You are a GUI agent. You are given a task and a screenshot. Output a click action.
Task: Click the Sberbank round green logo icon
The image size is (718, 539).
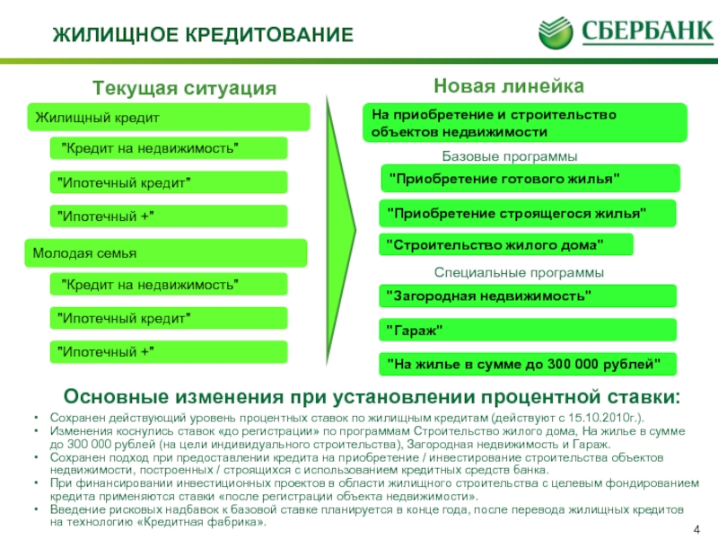coord(556,33)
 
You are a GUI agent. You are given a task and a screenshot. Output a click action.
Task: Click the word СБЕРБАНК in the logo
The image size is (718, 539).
coord(647,32)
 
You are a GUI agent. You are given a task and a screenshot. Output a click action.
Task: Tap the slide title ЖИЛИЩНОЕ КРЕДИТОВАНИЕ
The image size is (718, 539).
coord(203,35)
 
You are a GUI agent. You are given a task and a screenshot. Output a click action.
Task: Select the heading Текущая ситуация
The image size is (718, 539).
coord(185,87)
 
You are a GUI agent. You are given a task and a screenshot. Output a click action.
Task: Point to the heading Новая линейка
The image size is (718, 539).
coord(509,85)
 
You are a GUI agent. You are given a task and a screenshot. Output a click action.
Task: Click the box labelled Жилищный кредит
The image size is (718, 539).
coord(169,118)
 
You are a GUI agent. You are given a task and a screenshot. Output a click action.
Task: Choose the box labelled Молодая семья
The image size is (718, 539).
coord(166,253)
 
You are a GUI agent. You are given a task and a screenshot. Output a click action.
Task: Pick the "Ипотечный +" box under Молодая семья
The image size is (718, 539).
coord(169,352)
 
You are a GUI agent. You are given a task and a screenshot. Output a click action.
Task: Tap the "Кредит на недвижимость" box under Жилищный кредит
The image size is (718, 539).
coord(169,148)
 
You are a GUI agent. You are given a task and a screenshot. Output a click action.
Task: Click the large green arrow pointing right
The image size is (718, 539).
coord(340,230)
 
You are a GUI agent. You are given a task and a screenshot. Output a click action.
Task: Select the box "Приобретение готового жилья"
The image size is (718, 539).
coord(530,178)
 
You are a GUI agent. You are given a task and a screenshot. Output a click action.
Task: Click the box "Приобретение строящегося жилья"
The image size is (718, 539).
coord(528,213)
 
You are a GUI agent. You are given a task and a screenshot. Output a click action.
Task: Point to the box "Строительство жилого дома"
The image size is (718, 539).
coord(506,244)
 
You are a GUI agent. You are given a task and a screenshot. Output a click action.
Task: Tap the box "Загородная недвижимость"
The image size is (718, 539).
coord(528,296)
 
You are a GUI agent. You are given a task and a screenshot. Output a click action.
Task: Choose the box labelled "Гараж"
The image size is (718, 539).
coord(528,330)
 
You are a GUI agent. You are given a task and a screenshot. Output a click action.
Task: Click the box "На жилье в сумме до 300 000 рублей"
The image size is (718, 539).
coord(528,365)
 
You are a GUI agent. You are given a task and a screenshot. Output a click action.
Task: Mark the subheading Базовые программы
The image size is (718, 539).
coord(509,156)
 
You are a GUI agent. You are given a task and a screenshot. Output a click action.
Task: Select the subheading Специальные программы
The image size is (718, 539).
coord(519,272)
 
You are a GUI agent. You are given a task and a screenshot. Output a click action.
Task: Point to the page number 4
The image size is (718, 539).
coord(696,530)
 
